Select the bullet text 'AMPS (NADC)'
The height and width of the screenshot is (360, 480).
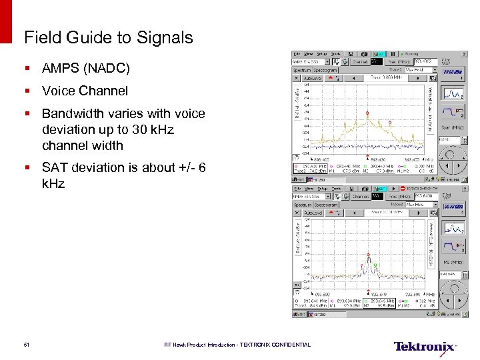pyautogui.click(x=85, y=69)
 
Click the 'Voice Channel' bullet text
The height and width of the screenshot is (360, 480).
pyautogui.click(x=85, y=91)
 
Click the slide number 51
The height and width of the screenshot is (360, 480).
pyautogui.click(x=26, y=345)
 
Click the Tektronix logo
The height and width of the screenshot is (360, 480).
pyautogui.click(x=425, y=347)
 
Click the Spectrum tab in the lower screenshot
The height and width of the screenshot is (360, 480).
pyautogui.click(x=303, y=205)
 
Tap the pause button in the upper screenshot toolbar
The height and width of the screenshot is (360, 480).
pyautogui.click(x=393, y=53)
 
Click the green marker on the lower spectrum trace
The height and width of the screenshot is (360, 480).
pyautogui.click(x=375, y=265)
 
